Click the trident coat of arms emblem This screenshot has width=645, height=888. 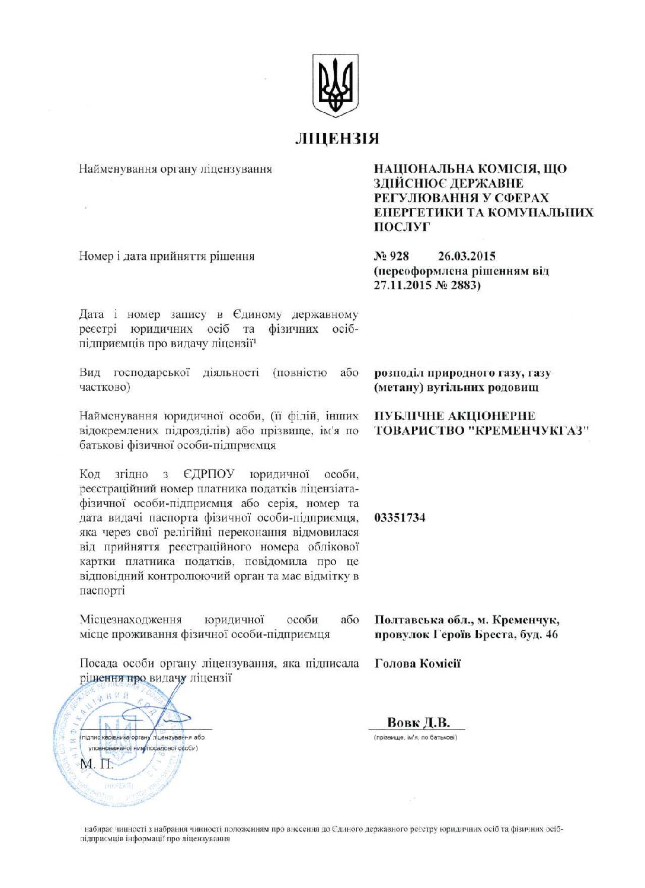pos(336,85)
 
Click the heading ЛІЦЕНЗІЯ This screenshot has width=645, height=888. pos(337,139)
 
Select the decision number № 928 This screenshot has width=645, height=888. pos(391,256)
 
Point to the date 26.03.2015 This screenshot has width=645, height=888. pos(467,256)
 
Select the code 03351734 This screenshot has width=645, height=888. pos(400,518)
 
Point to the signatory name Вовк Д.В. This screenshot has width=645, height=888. pos(418,723)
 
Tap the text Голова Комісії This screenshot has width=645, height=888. pos(417,663)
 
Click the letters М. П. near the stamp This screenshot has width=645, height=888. pos(95,764)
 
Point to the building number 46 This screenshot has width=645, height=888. pos(551,635)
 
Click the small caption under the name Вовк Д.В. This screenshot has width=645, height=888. pos(415,738)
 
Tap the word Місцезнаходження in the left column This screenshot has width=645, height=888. pos(130,620)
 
